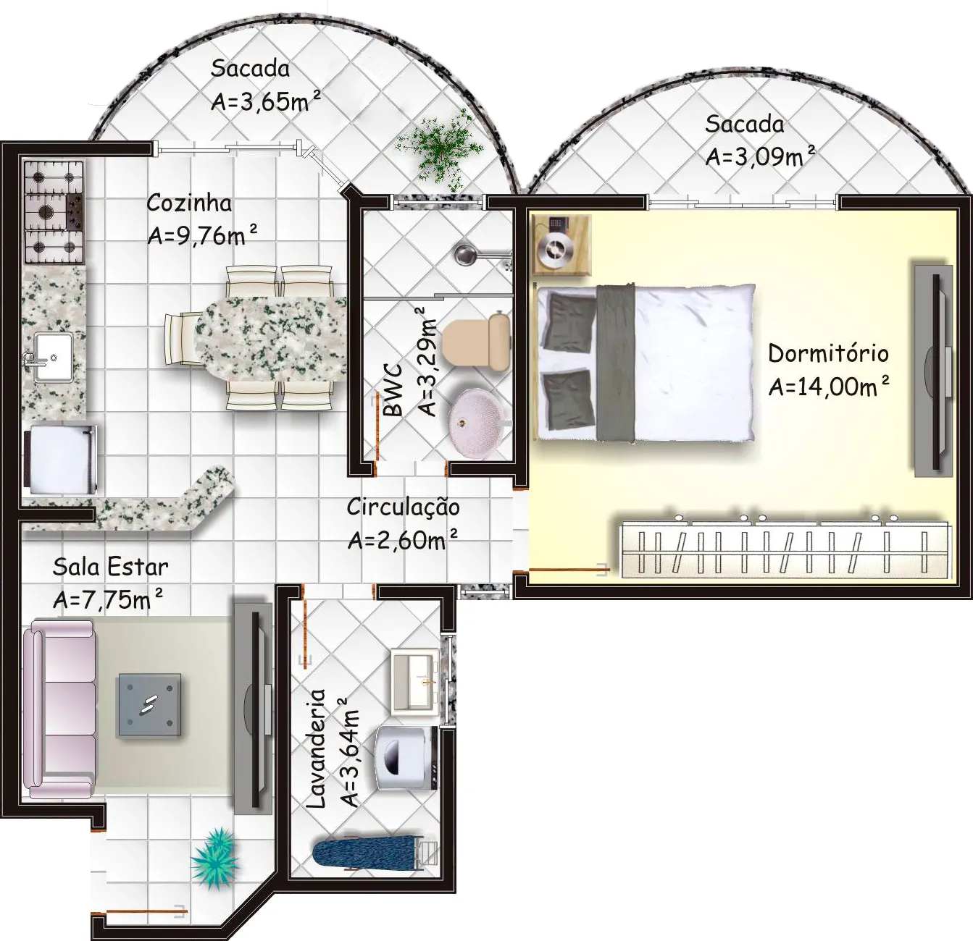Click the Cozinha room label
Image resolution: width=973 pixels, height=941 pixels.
pos(189,203)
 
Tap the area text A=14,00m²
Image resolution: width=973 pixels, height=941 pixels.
pos(829,386)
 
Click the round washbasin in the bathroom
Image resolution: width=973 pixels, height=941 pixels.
pos(477,424)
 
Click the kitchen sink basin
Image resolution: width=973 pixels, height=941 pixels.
pos(53,357)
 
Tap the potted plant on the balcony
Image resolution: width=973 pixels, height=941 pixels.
pos(440,151)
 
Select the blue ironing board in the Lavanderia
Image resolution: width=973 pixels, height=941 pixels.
pos(367,854)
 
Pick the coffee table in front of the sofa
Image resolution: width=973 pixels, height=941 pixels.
pos(149,705)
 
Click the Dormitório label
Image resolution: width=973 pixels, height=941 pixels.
pos(828,353)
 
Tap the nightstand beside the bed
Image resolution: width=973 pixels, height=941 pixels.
pos(561,245)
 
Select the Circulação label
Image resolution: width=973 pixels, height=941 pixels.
pos(403,507)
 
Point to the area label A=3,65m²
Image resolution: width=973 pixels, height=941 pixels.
pos(265,101)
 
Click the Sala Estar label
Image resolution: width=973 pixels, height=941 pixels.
pos(111,567)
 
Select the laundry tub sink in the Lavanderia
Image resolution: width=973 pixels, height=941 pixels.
pos(415,680)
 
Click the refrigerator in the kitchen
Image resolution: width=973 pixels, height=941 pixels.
pos(61,460)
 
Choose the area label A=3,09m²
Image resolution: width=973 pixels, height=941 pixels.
pos(760,156)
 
